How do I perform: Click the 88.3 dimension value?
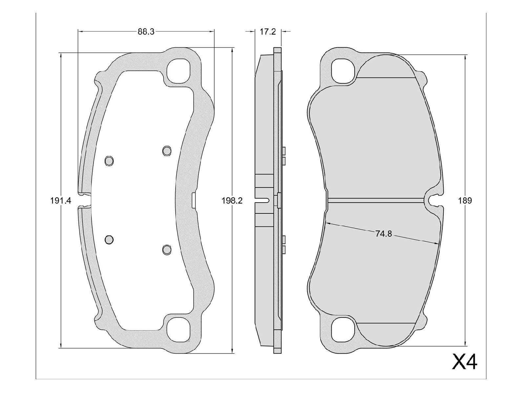(146, 32)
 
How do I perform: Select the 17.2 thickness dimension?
(268, 32)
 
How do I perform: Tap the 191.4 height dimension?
(61, 201)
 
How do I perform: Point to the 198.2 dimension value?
(232, 201)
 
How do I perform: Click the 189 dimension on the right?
(465, 201)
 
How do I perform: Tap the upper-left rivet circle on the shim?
(109, 161)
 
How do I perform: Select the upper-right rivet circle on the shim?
(167, 151)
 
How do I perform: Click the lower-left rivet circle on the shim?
(109, 239)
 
